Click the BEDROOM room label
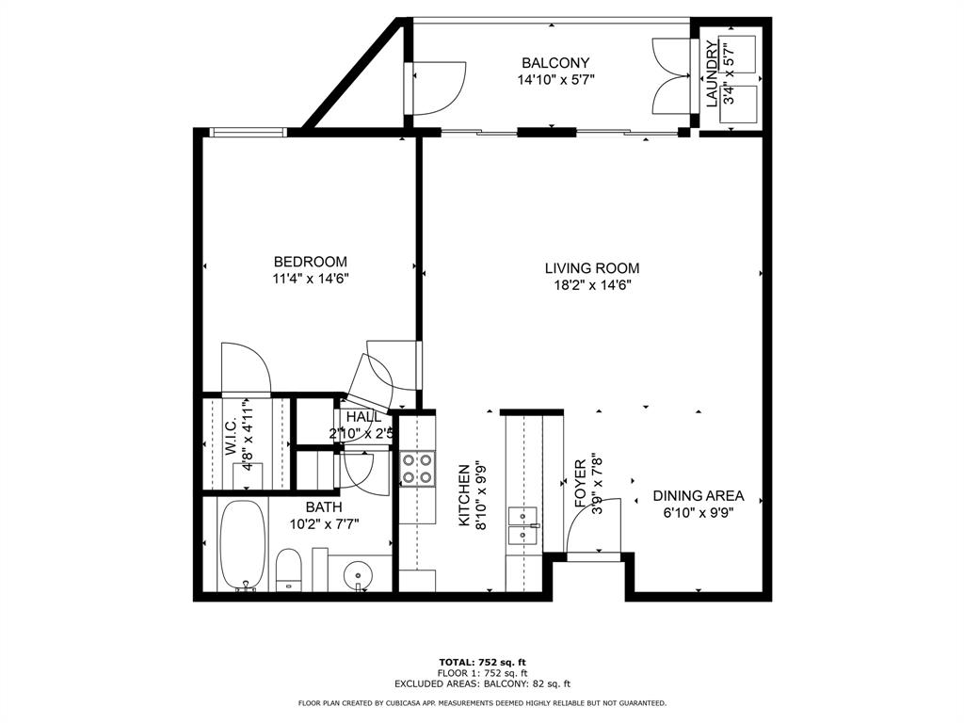[x=311, y=262]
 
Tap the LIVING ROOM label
[x=592, y=268]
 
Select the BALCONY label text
[x=555, y=63]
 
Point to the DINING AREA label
[x=699, y=495]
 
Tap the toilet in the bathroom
[x=288, y=570]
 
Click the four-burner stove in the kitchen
[x=417, y=469]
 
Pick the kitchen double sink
[x=523, y=526]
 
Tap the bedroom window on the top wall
[x=248, y=132]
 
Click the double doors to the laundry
[x=670, y=76]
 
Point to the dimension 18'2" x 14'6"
[x=592, y=285]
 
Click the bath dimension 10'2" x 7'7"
[x=324, y=524]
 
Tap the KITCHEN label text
[x=465, y=495]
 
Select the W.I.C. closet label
[x=232, y=438]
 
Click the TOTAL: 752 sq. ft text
[x=483, y=662]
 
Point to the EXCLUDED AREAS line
[x=483, y=683]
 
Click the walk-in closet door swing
[x=246, y=367]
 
